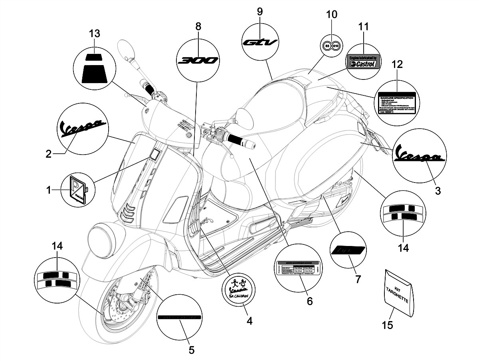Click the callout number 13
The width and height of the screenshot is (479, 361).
(x=95, y=34)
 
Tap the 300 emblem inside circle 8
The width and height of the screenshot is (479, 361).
(x=198, y=60)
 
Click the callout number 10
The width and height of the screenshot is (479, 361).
(x=332, y=15)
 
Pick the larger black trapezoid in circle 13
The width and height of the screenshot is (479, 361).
(x=95, y=74)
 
